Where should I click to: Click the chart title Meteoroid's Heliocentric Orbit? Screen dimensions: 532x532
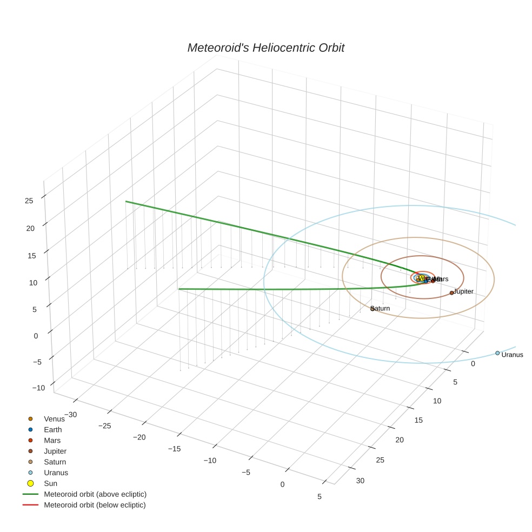coord(265,48)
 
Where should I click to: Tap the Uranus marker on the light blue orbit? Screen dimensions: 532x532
coord(497,353)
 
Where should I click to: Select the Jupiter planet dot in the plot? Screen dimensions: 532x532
coord(452,292)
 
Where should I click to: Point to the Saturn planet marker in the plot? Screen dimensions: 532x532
coord(373,308)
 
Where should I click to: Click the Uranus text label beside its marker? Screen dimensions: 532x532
coord(512,355)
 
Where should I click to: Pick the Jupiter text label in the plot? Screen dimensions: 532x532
coord(464,291)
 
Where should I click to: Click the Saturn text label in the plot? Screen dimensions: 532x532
coord(381,308)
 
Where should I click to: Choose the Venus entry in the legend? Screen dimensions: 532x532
coord(54,419)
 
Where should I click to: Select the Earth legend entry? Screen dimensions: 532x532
coord(52,430)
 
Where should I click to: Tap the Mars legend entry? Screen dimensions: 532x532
coord(52,441)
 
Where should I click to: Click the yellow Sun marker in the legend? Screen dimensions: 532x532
coord(30,483)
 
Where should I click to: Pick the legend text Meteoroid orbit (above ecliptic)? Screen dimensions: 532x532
coord(95,494)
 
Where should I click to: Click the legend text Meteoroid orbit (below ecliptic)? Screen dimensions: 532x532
coord(95,505)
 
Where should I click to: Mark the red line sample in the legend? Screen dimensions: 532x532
coord(30,505)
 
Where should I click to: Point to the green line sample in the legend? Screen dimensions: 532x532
coord(30,494)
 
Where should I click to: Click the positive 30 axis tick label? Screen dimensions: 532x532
coord(361,481)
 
